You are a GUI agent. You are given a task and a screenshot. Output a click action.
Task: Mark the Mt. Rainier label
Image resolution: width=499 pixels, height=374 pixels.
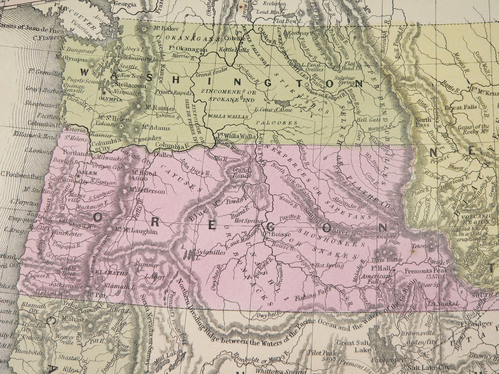click(x=155, y=107)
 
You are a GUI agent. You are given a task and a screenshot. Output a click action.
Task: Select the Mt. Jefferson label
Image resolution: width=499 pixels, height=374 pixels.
click(x=149, y=191)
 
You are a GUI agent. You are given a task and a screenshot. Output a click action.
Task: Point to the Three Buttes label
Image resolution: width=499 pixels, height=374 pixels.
click(x=389, y=260)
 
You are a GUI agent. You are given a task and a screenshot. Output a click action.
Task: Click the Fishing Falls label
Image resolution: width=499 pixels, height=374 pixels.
click(x=311, y=297)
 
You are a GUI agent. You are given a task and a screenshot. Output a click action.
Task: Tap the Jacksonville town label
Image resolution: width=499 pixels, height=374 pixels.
click(x=66, y=286)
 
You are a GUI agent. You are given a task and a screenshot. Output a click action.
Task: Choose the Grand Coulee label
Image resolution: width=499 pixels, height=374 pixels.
click(x=209, y=75)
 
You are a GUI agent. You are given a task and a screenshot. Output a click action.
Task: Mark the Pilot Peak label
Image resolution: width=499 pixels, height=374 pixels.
click(x=321, y=353)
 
